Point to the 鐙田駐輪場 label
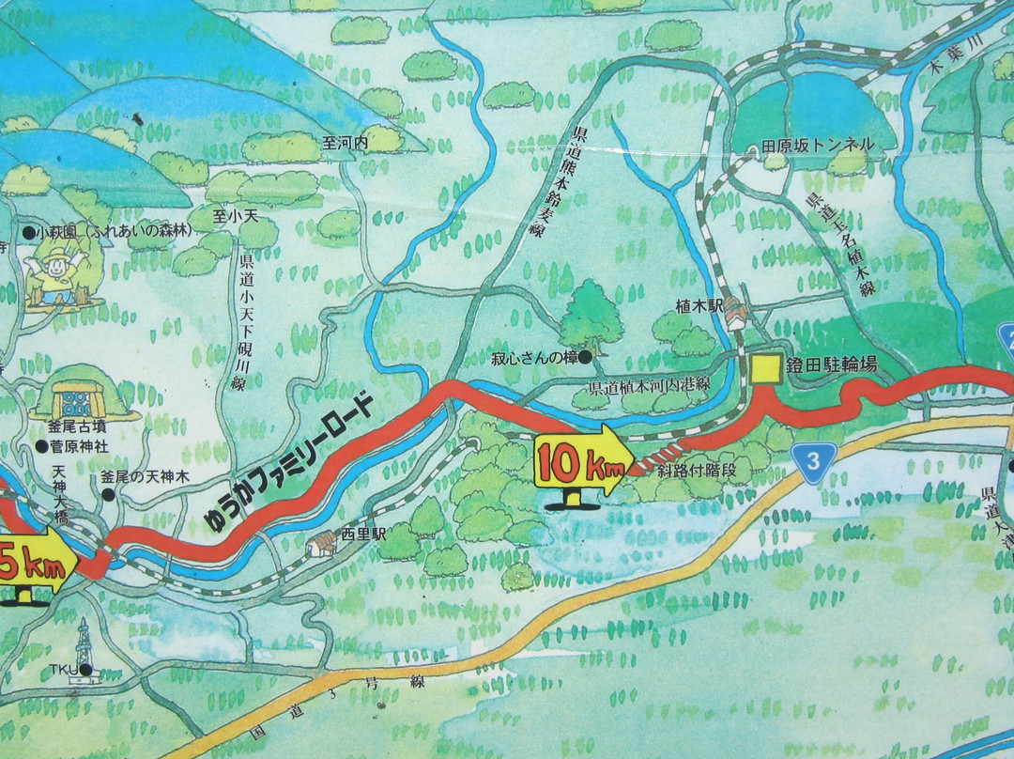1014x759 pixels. pos(832,364)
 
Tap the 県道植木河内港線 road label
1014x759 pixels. pos(649,388)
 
